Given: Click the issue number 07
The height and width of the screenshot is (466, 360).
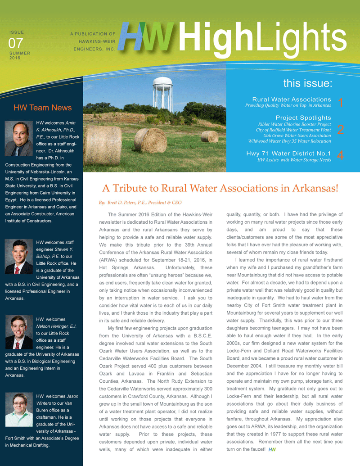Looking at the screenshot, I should pos(16,43).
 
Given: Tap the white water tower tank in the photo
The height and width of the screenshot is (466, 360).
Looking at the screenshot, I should pos(163,84).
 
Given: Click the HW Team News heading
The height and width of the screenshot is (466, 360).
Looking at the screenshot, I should pos(42,108).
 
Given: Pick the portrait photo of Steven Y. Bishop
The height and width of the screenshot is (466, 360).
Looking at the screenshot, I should pos(19,257).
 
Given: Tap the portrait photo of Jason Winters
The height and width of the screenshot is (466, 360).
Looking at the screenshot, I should pos(19,410).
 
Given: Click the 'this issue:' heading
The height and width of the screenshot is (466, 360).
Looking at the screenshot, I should pos(308,83).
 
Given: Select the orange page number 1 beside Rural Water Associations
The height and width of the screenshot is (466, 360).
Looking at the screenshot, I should pos(340,103).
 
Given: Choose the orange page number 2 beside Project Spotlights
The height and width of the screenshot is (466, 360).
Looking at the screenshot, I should pos(340,130).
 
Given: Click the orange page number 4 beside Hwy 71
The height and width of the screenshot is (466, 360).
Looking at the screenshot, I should pos(340,156).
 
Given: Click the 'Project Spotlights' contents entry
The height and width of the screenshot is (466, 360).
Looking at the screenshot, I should pos(303,118).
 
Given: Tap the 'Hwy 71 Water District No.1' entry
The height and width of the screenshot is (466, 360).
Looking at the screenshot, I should pos(288,153).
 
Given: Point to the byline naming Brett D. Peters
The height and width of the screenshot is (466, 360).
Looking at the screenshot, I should pos(140,203).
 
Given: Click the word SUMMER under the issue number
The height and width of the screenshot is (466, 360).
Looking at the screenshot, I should pos(20,53).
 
